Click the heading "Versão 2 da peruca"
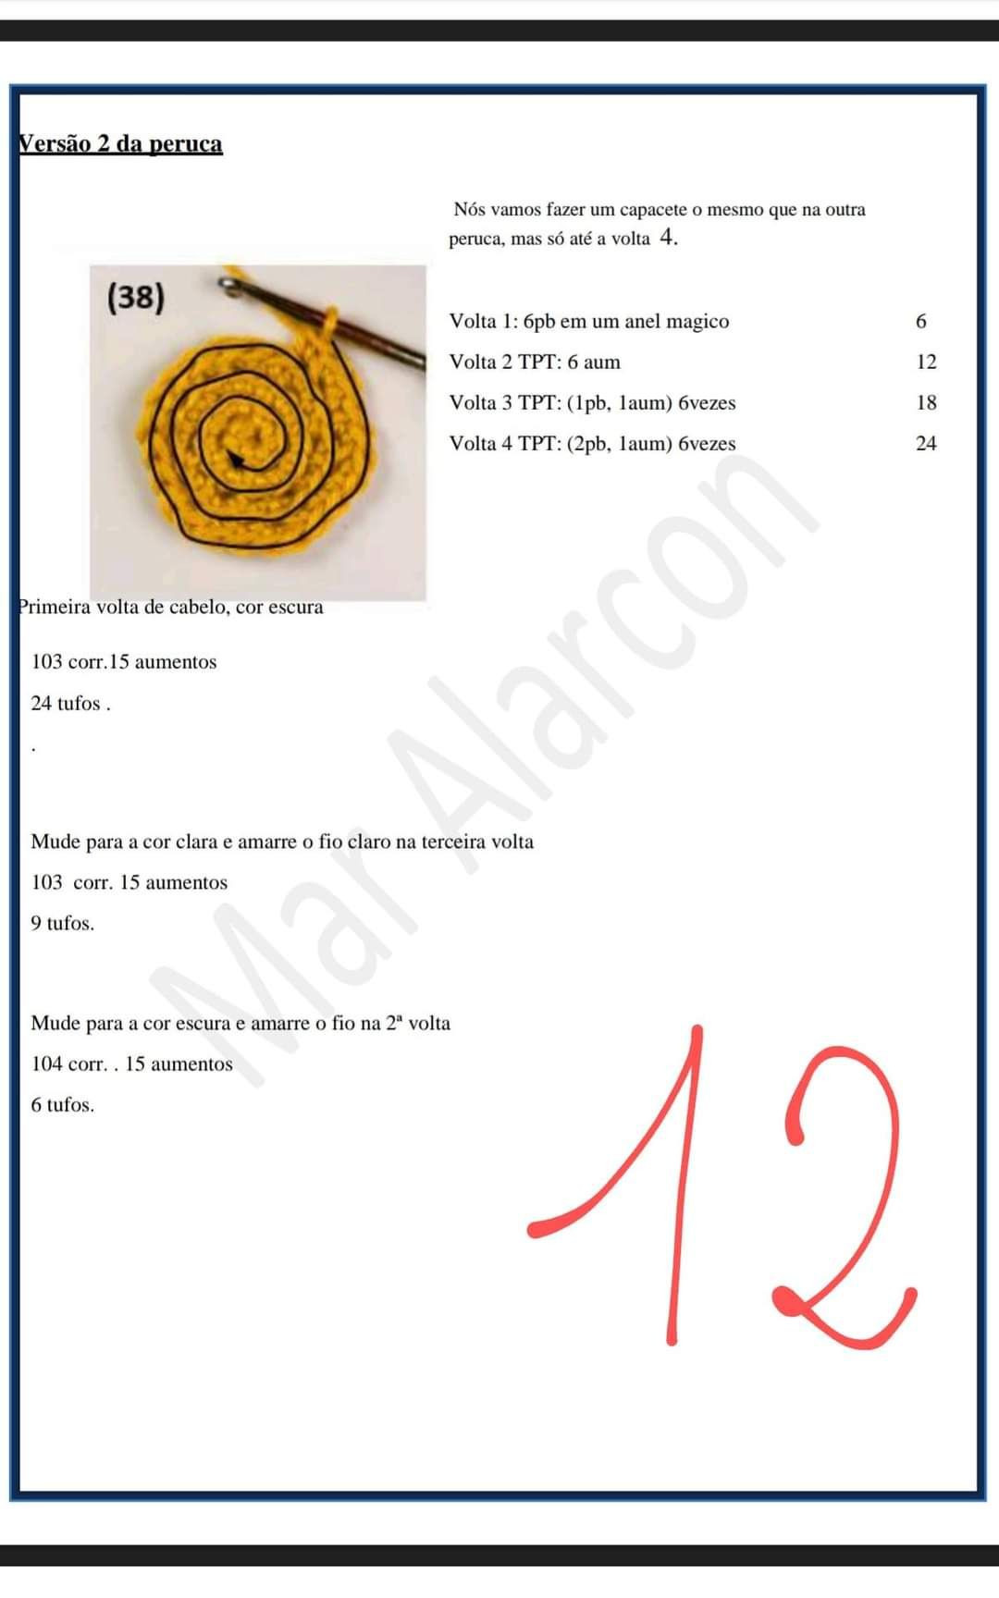tap(121, 144)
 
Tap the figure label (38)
tap(136, 297)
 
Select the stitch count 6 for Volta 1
tap(920, 322)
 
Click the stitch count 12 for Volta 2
tap(926, 363)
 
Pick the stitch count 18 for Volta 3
tap(926, 403)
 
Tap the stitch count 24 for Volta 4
tap(926, 444)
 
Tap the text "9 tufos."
tap(63, 924)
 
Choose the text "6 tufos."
tap(63, 1105)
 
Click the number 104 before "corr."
tap(46, 1064)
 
